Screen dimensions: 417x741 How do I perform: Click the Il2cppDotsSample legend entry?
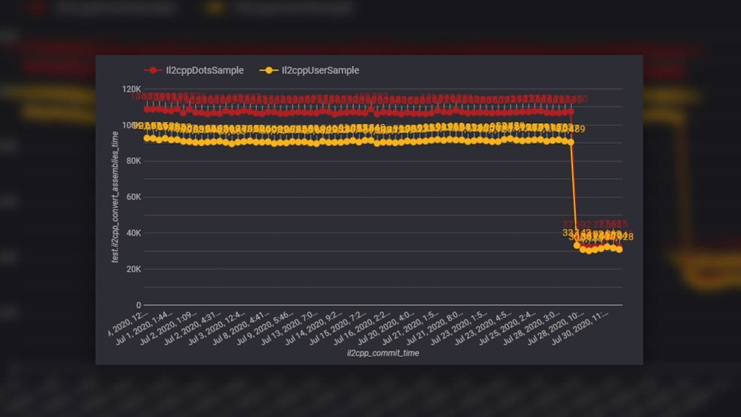204,71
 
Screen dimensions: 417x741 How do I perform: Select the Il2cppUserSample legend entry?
320,71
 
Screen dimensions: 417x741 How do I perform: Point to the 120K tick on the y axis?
131,89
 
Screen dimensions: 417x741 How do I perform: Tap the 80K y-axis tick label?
133,161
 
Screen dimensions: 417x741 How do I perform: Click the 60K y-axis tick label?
133,197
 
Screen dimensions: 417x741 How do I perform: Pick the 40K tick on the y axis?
133,233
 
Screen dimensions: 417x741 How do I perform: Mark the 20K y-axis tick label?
133,269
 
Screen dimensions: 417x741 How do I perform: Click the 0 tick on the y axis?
138,305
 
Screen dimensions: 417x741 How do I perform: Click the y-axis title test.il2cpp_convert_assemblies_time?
115,196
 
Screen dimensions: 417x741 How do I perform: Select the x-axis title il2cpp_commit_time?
383,353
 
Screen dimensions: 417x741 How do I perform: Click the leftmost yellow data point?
146,138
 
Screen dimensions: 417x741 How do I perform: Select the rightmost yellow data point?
619,250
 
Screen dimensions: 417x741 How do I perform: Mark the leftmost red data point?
146,109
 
